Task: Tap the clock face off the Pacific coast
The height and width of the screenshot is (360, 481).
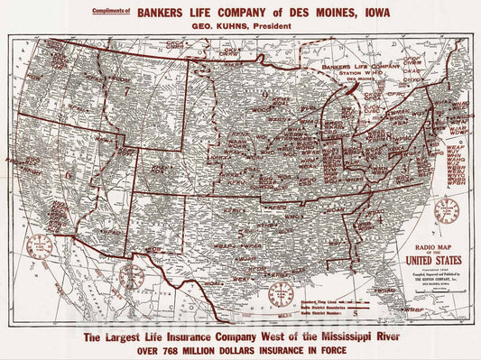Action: (x=39, y=245)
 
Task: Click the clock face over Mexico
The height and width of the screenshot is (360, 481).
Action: (x=132, y=276)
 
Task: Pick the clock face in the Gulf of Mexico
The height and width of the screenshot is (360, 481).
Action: (x=281, y=294)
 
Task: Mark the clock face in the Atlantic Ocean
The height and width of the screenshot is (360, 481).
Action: (x=446, y=211)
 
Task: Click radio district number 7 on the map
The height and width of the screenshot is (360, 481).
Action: (x=127, y=91)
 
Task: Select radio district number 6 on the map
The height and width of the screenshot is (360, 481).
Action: (x=68, y=174)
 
